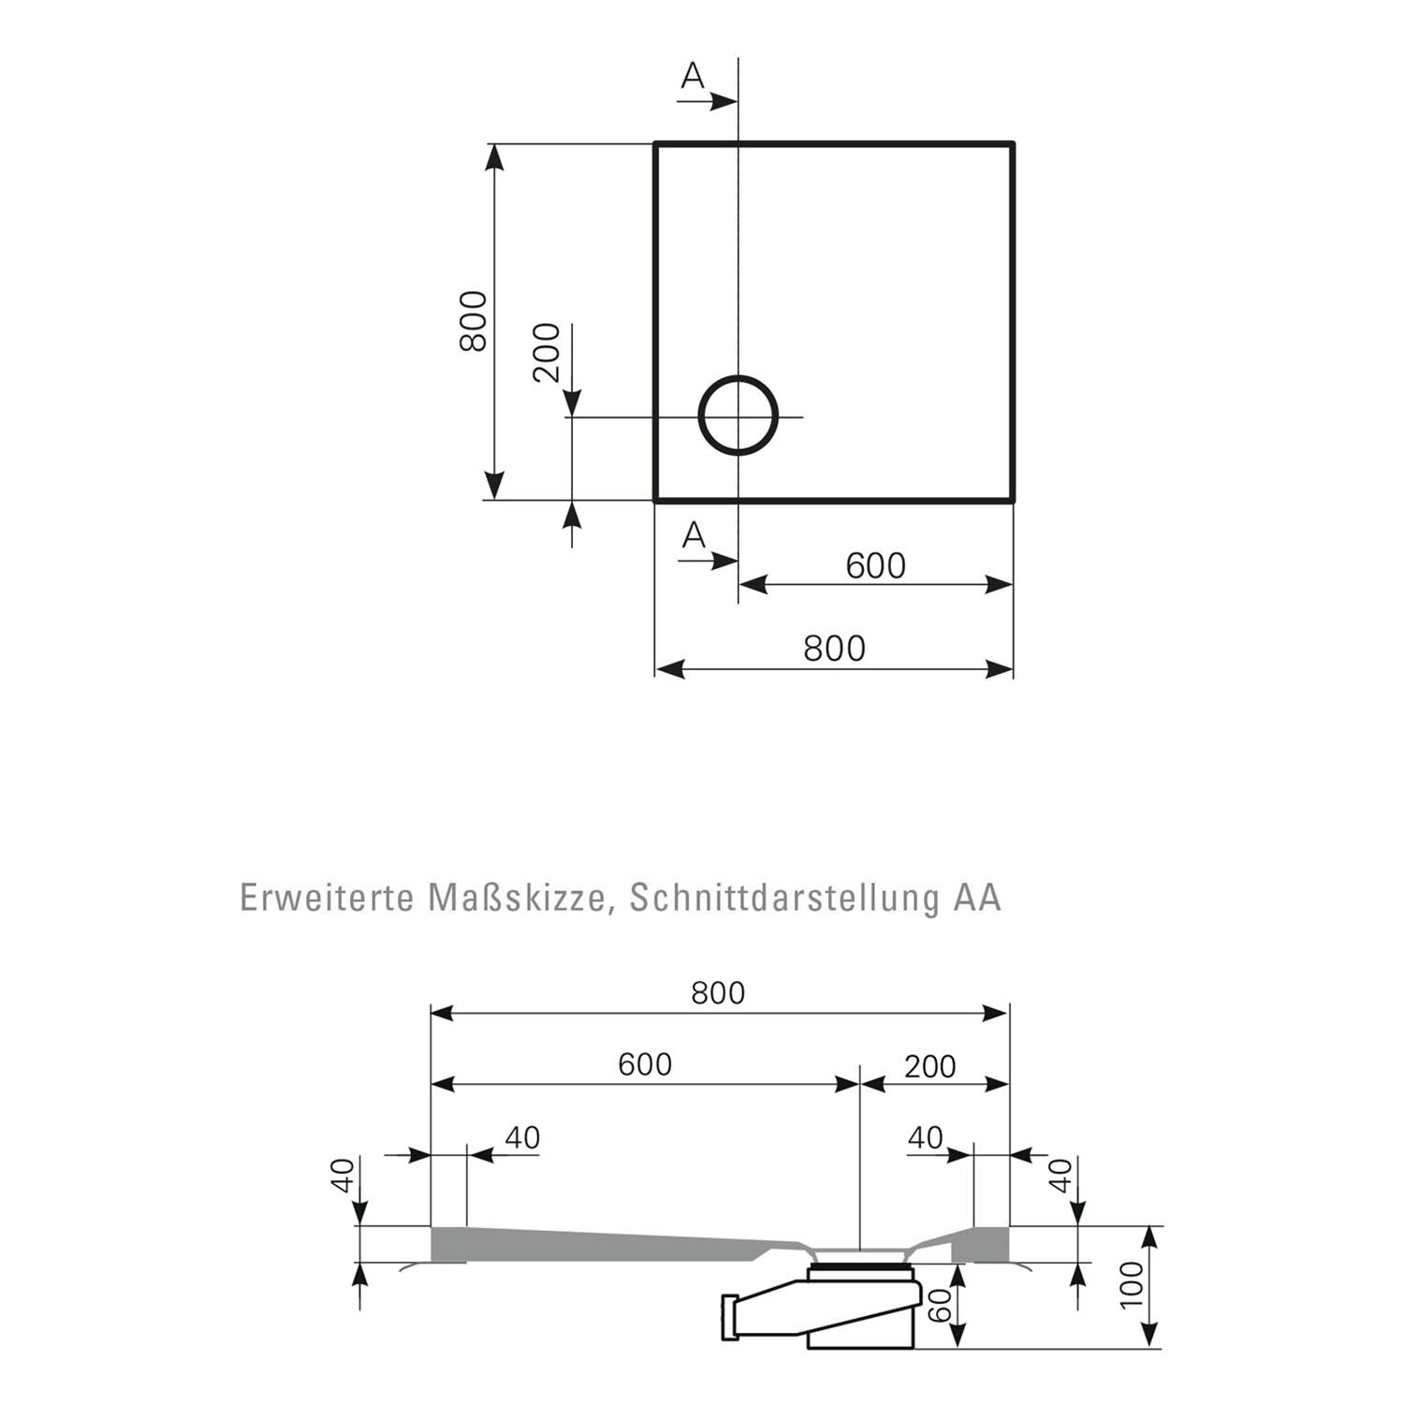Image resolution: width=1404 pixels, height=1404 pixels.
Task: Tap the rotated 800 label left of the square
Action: tap(474, 321)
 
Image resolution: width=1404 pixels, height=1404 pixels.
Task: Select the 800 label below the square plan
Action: tap(834, 648)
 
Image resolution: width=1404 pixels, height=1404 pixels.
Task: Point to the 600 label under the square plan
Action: tap(875, 565)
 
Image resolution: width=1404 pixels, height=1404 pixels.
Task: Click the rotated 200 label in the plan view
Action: tap(547, 353)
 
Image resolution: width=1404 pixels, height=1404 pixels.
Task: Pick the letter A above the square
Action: tap(693, 76)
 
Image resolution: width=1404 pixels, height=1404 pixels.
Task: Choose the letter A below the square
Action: tap(694, 535)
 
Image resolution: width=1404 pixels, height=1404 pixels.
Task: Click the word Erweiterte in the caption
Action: tap(327, 897)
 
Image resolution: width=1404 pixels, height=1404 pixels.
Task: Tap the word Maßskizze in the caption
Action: tap(521, 899)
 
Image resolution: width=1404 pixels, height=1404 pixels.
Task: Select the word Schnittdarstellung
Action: tap(784, 897)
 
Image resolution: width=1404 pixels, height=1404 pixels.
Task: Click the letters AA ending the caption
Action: tap(977, 897)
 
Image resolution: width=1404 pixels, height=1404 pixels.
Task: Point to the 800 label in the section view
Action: tap(718, 992)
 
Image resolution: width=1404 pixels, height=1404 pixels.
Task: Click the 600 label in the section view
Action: tap(645, 1064)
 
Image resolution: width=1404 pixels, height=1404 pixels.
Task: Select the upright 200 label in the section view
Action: tap(930, 1066)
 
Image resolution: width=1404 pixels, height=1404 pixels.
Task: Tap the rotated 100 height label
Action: tap(1132, 1285)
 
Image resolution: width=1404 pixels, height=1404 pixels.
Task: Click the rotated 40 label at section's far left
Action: tap(344, 1175)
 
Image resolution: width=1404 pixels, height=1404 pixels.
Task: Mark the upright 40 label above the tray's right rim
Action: tap(926, 1137)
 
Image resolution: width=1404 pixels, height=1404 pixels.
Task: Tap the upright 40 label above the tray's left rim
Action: tap(522, 1137)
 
